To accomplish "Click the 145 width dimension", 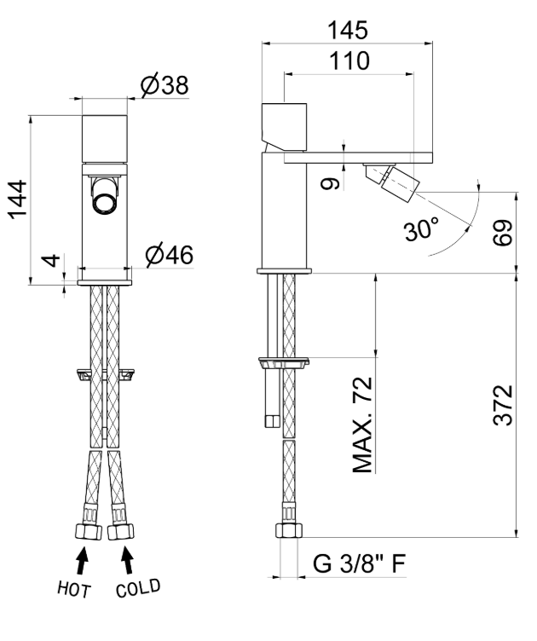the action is click(x=348, y=31).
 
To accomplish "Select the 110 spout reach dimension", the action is click(x=349, y=61).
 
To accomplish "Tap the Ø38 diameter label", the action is click(x=165, y=85).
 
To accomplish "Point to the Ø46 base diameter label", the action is click(x=169, y=255).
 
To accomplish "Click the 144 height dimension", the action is click(x=19, y=199).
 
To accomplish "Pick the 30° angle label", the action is click(x=422, y=229).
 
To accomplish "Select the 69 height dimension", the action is click(x=503, y=233).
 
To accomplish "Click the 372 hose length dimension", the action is click(x=503, y=405).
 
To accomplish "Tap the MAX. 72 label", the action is click(x=362, y=424).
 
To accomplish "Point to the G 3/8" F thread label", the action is click(x=359, y=563).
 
